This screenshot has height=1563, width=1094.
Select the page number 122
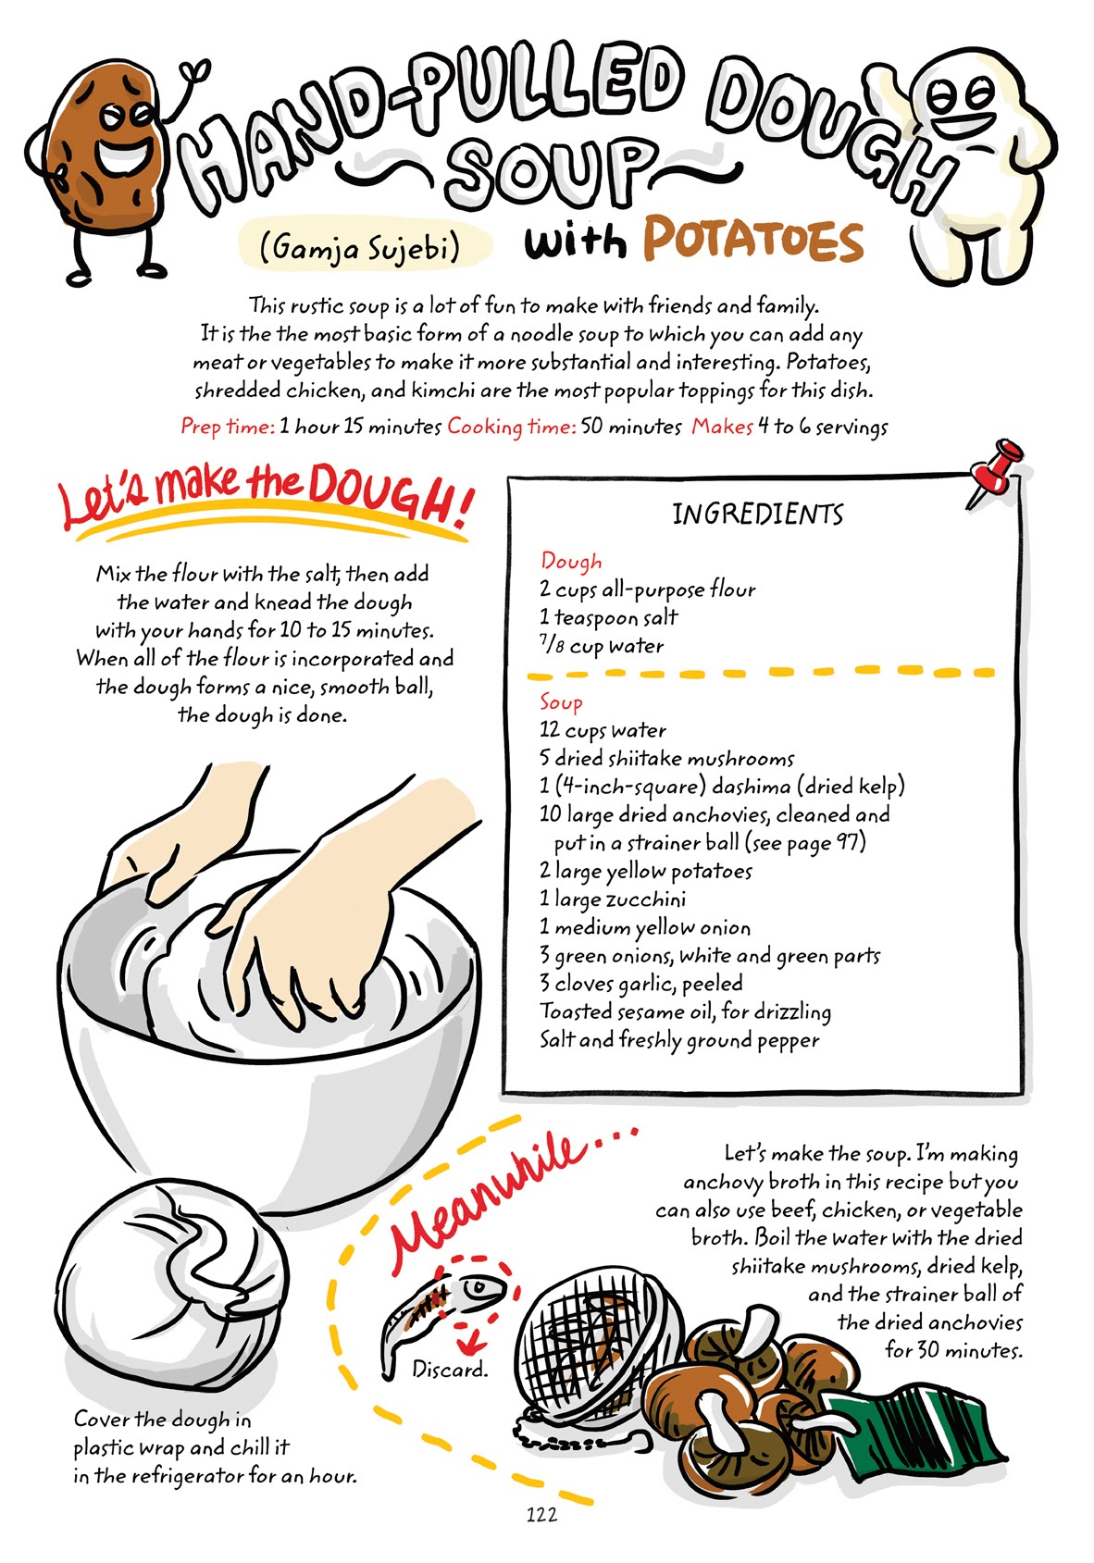coord(541,1514)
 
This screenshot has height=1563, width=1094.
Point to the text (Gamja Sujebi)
coord(360,246)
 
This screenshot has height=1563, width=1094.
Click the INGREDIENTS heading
coord(757,515)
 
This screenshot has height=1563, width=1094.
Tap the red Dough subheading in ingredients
coord(571,562)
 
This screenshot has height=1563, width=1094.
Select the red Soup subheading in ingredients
coord(561,702)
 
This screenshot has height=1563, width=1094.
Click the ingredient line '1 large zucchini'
coord(613,899)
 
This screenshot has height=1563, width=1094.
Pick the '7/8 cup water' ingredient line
coord(602,646)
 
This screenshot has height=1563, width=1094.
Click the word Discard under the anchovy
coord(450,1369)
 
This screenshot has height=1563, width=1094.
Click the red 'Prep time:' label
coord(228,427)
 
